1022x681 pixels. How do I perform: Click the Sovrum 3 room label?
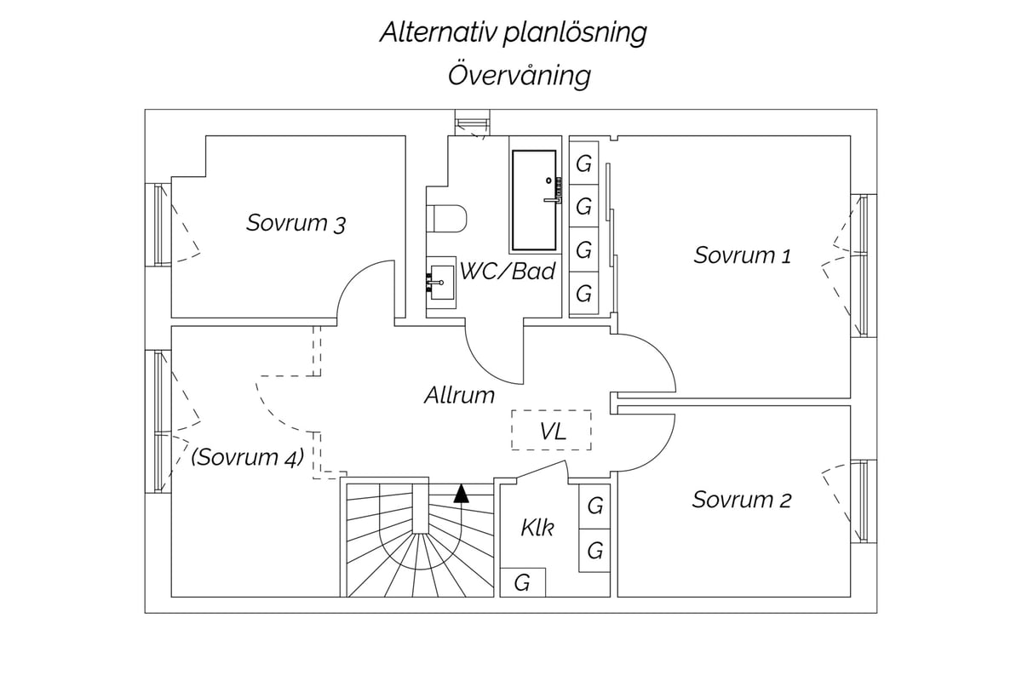[296, 223]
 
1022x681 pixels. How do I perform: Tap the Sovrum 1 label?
[743, 255]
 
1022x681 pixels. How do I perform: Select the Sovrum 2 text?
[742, 500]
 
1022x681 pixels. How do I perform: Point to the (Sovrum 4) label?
[247, 457]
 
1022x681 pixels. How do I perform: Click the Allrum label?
[459, 395]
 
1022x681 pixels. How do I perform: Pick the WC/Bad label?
[508, 271]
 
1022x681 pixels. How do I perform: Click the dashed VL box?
[551, 430]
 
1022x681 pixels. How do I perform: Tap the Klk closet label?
[537, 528]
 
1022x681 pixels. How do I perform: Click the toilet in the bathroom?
[446, 219]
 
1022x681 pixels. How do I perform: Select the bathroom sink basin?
[442, 283]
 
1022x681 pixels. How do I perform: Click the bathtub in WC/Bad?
[534, 200]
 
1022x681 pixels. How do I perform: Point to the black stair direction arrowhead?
[462, 494]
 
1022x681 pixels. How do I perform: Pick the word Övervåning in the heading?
[520, 75]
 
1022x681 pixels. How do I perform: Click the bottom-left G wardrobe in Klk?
[523, 582]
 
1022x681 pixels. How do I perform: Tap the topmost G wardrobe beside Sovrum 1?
[584, 163]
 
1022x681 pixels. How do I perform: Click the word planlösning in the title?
[575, 34]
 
